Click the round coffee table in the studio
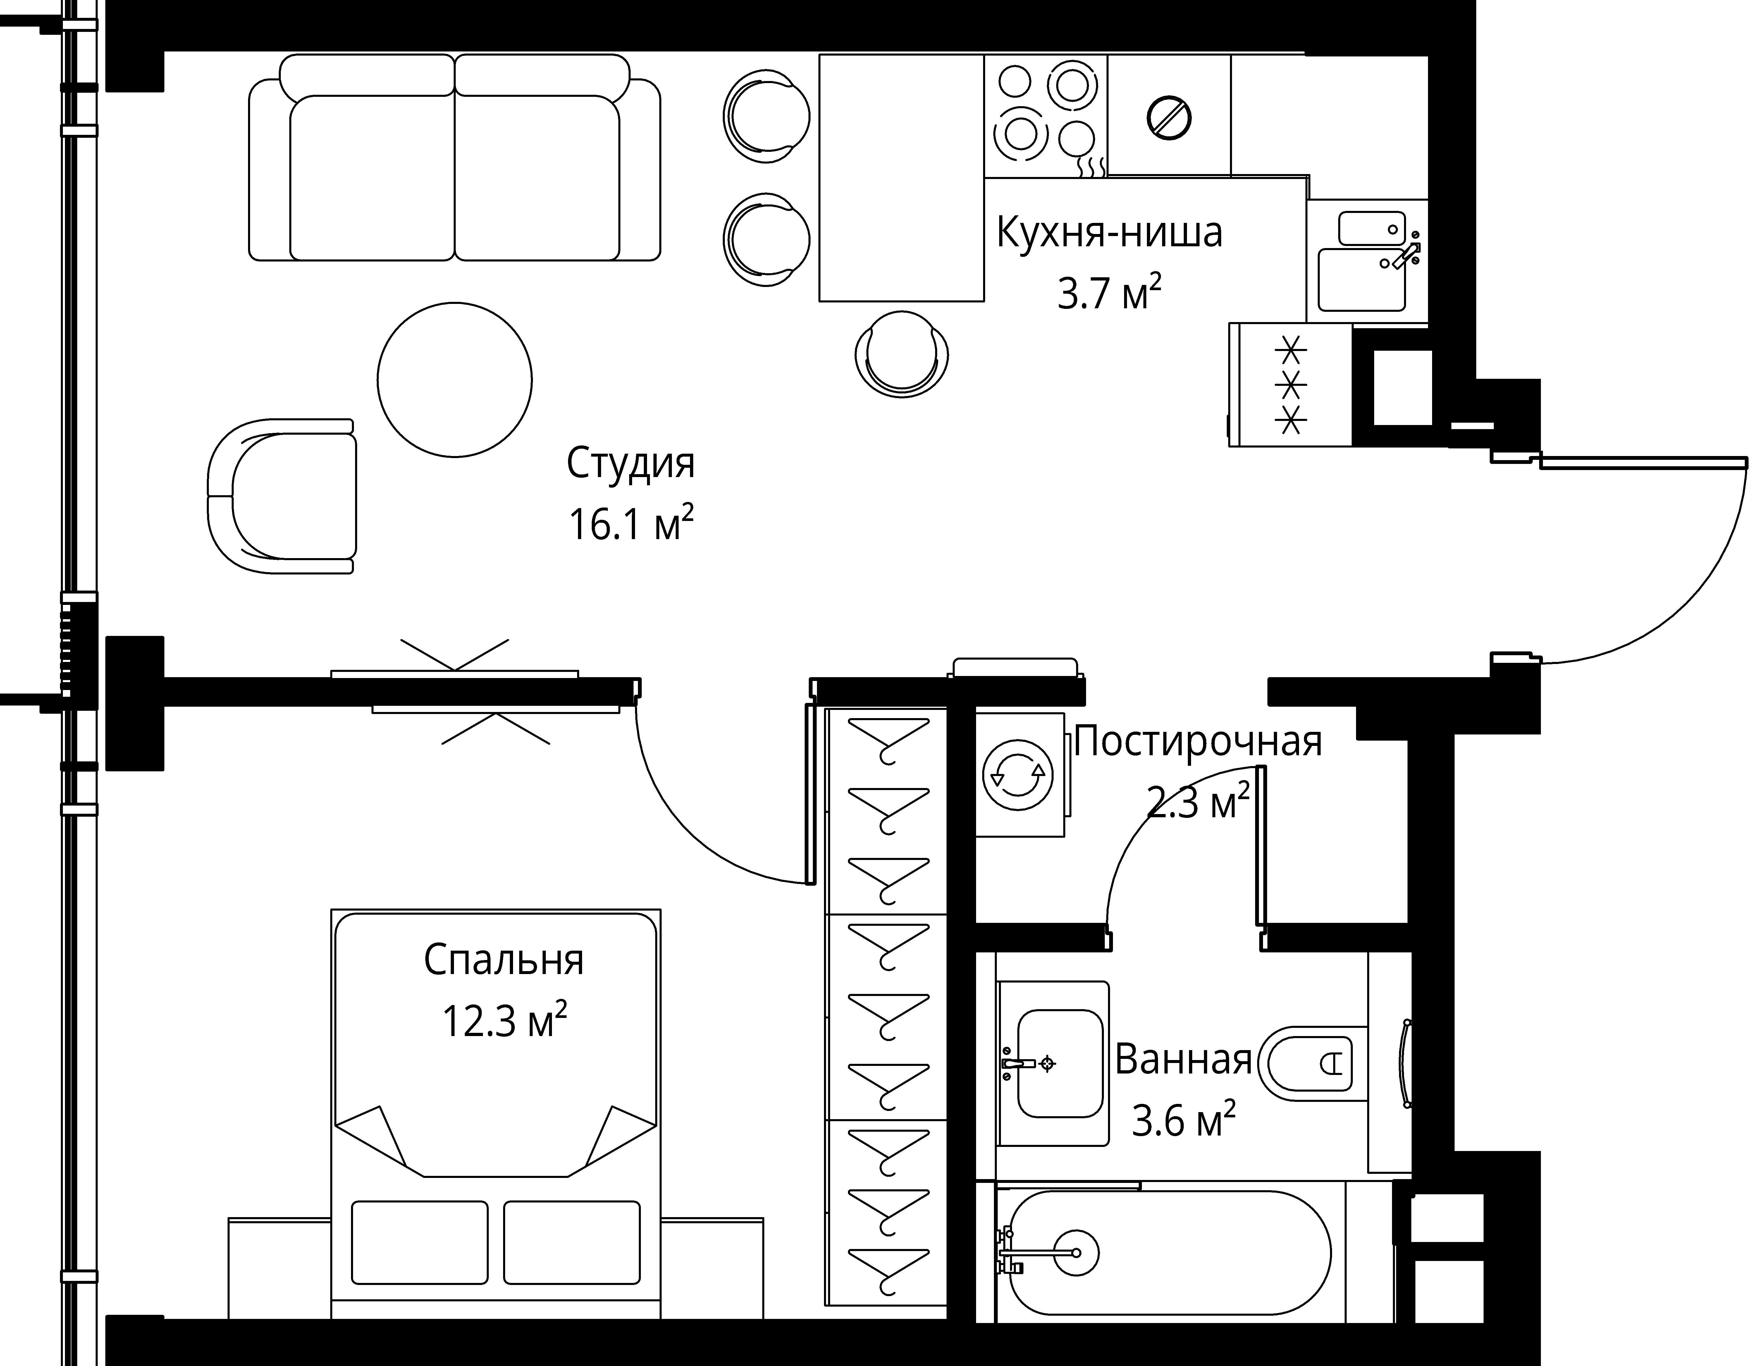[455, 380]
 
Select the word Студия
[631, 464]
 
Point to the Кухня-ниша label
[1110, 232]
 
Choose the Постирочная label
[1197, 742]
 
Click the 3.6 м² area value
[1183, 1120]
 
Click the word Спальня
[504, 960]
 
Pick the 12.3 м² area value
[505, 1021]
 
